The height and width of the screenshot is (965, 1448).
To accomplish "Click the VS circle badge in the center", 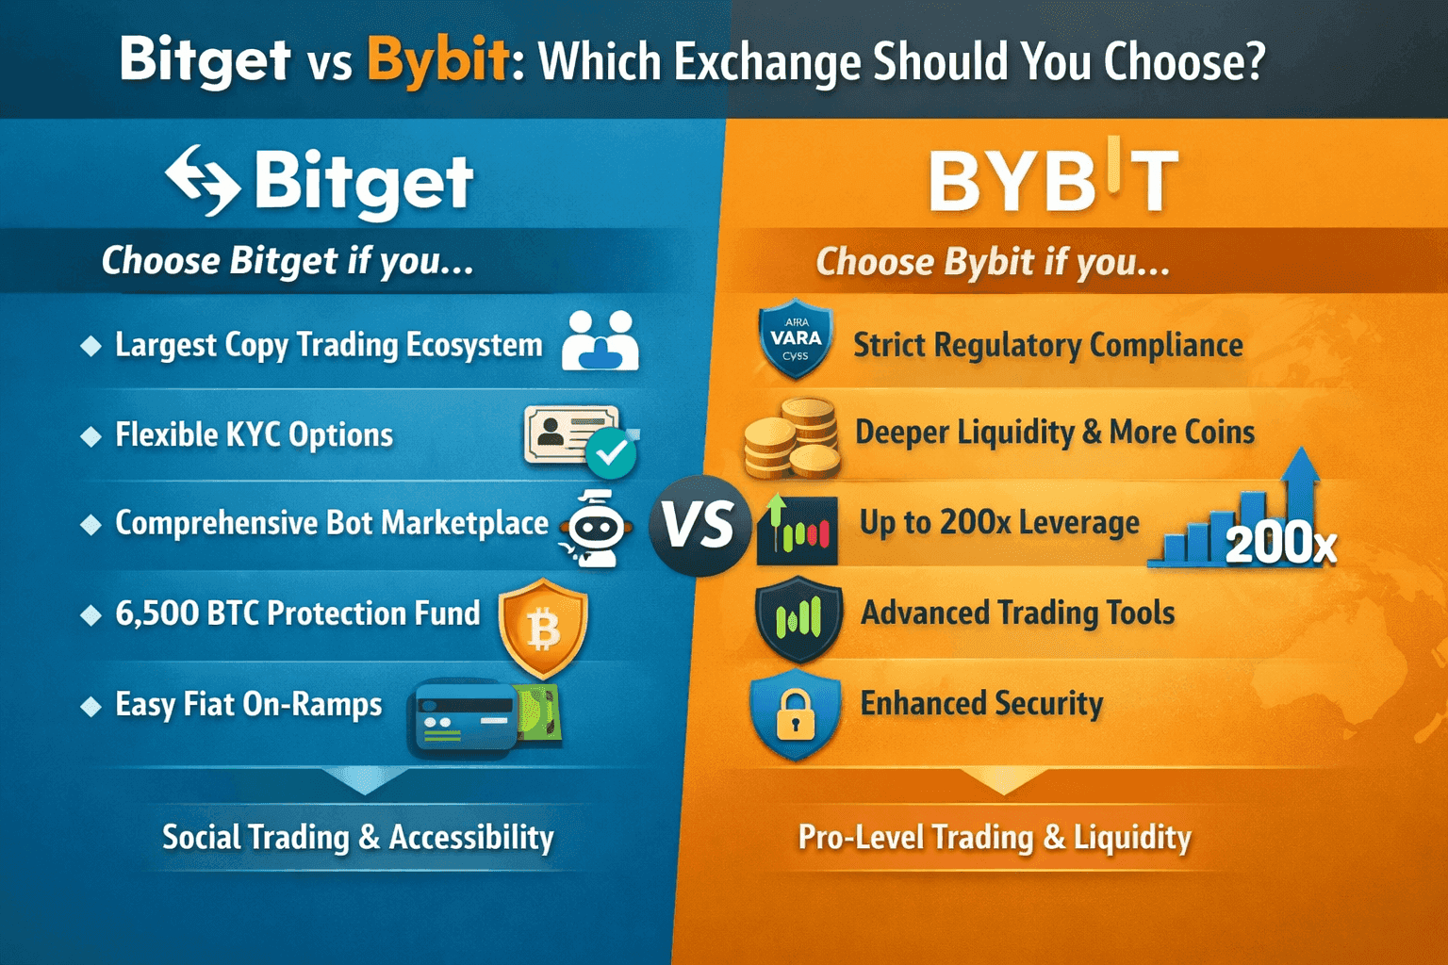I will point(699,526).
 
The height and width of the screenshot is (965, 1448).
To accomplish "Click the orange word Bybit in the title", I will point(438,60).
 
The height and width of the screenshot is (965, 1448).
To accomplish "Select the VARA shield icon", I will point(796,339).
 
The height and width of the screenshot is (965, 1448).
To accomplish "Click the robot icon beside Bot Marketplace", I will point(595,529).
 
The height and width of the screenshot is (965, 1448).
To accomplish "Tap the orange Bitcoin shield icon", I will point(543,628).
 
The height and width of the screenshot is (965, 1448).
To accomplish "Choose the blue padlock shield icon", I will point(795,713).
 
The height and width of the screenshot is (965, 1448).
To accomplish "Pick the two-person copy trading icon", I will point(601,340).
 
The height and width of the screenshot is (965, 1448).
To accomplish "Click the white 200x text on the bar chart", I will point(1280,544).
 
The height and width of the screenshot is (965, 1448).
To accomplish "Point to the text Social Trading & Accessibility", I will point(358,837).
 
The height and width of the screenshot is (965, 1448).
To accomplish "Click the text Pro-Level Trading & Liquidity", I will point(995,837).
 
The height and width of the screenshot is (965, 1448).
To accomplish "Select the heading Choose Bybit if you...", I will point(992,262).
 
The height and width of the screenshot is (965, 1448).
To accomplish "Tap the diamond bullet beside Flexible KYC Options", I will point(91,436).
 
